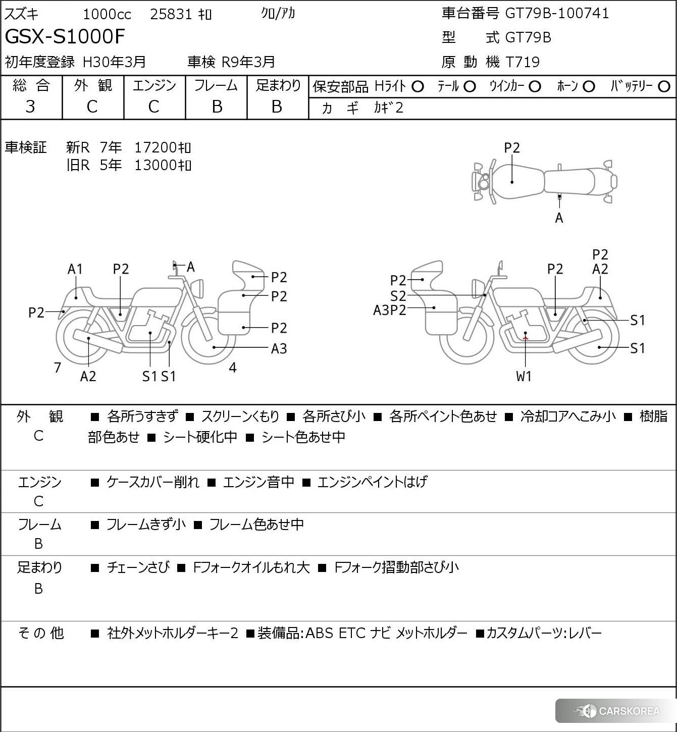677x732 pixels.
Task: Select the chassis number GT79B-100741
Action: [557, 13]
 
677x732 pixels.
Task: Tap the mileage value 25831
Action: [171, 14]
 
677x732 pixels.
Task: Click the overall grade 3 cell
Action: [31, 107]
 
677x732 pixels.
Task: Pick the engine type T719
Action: [523, 62]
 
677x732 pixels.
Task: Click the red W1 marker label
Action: [524, 376]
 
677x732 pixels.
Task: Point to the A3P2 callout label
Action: [389, 310]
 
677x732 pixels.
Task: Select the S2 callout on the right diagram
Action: [398, 296]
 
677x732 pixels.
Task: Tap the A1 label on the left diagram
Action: [75, 269]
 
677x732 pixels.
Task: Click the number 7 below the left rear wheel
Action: [58, 368]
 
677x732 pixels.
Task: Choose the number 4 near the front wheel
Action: [233, 368]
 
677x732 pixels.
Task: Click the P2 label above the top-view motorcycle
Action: [512, 148]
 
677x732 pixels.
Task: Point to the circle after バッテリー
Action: [664, 87]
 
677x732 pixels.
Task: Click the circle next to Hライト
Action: [418, 87]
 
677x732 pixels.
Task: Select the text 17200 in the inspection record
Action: [155, 147]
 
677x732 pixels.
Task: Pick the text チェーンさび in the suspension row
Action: [138, 567]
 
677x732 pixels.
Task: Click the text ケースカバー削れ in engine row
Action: [152, 482]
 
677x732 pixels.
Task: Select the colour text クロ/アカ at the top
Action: [278, 14]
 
